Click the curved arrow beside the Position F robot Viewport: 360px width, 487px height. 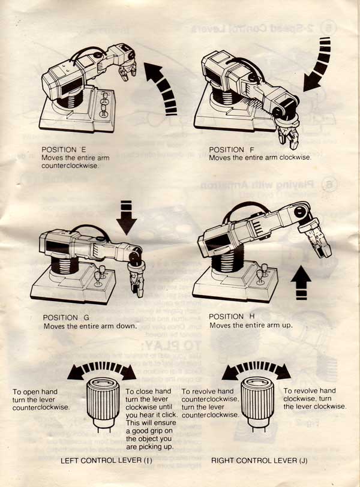click(x=318, y=64)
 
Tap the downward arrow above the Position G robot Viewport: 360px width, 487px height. click(x=127, y=217)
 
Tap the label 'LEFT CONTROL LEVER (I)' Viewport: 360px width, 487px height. click(x=104, y=461)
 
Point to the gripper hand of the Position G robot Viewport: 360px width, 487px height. click(x=136, y=279)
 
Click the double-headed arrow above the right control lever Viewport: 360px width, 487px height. click(x=256, y=368)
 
